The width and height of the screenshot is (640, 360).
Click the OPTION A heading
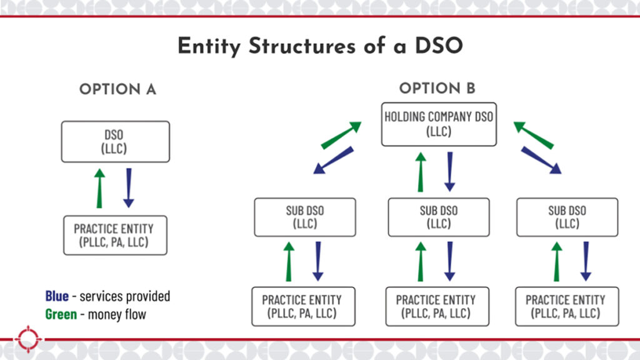117,89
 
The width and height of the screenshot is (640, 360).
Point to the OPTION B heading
437,88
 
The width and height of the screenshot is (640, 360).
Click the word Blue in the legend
57,296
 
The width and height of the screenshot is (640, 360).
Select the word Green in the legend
61,314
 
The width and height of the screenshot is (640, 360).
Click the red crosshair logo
28,339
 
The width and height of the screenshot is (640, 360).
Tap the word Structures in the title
302,45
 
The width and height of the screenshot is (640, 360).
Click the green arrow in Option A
99,188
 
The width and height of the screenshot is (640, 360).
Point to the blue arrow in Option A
129,188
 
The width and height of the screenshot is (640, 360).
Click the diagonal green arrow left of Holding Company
341,135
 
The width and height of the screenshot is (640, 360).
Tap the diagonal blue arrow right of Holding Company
541,161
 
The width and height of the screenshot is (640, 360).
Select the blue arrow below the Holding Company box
450,172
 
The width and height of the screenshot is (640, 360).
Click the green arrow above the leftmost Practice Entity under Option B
289,262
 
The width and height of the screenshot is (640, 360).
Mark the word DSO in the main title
439,45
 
